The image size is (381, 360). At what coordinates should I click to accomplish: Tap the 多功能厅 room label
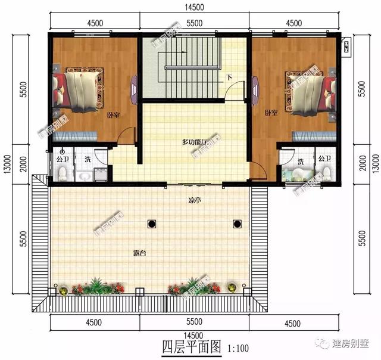point(194,142)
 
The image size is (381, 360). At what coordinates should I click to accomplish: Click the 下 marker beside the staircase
point(229,78)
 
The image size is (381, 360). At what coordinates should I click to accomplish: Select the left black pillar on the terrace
point(151,224)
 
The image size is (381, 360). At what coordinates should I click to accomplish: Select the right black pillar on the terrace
point(238,224)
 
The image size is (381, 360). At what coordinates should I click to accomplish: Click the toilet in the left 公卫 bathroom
point(63,173)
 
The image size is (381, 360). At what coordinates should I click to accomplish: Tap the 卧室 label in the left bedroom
point(111,116)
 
